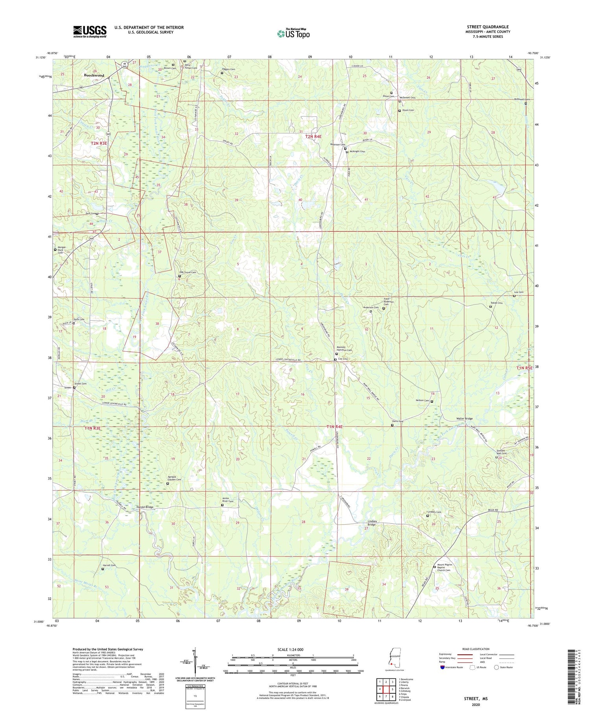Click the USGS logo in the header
[90, 31]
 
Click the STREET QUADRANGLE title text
[487, 27]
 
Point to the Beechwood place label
[94, 75]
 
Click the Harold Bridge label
[145, 507]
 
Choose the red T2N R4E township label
[313, 136]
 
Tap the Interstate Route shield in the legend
[443, 667]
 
